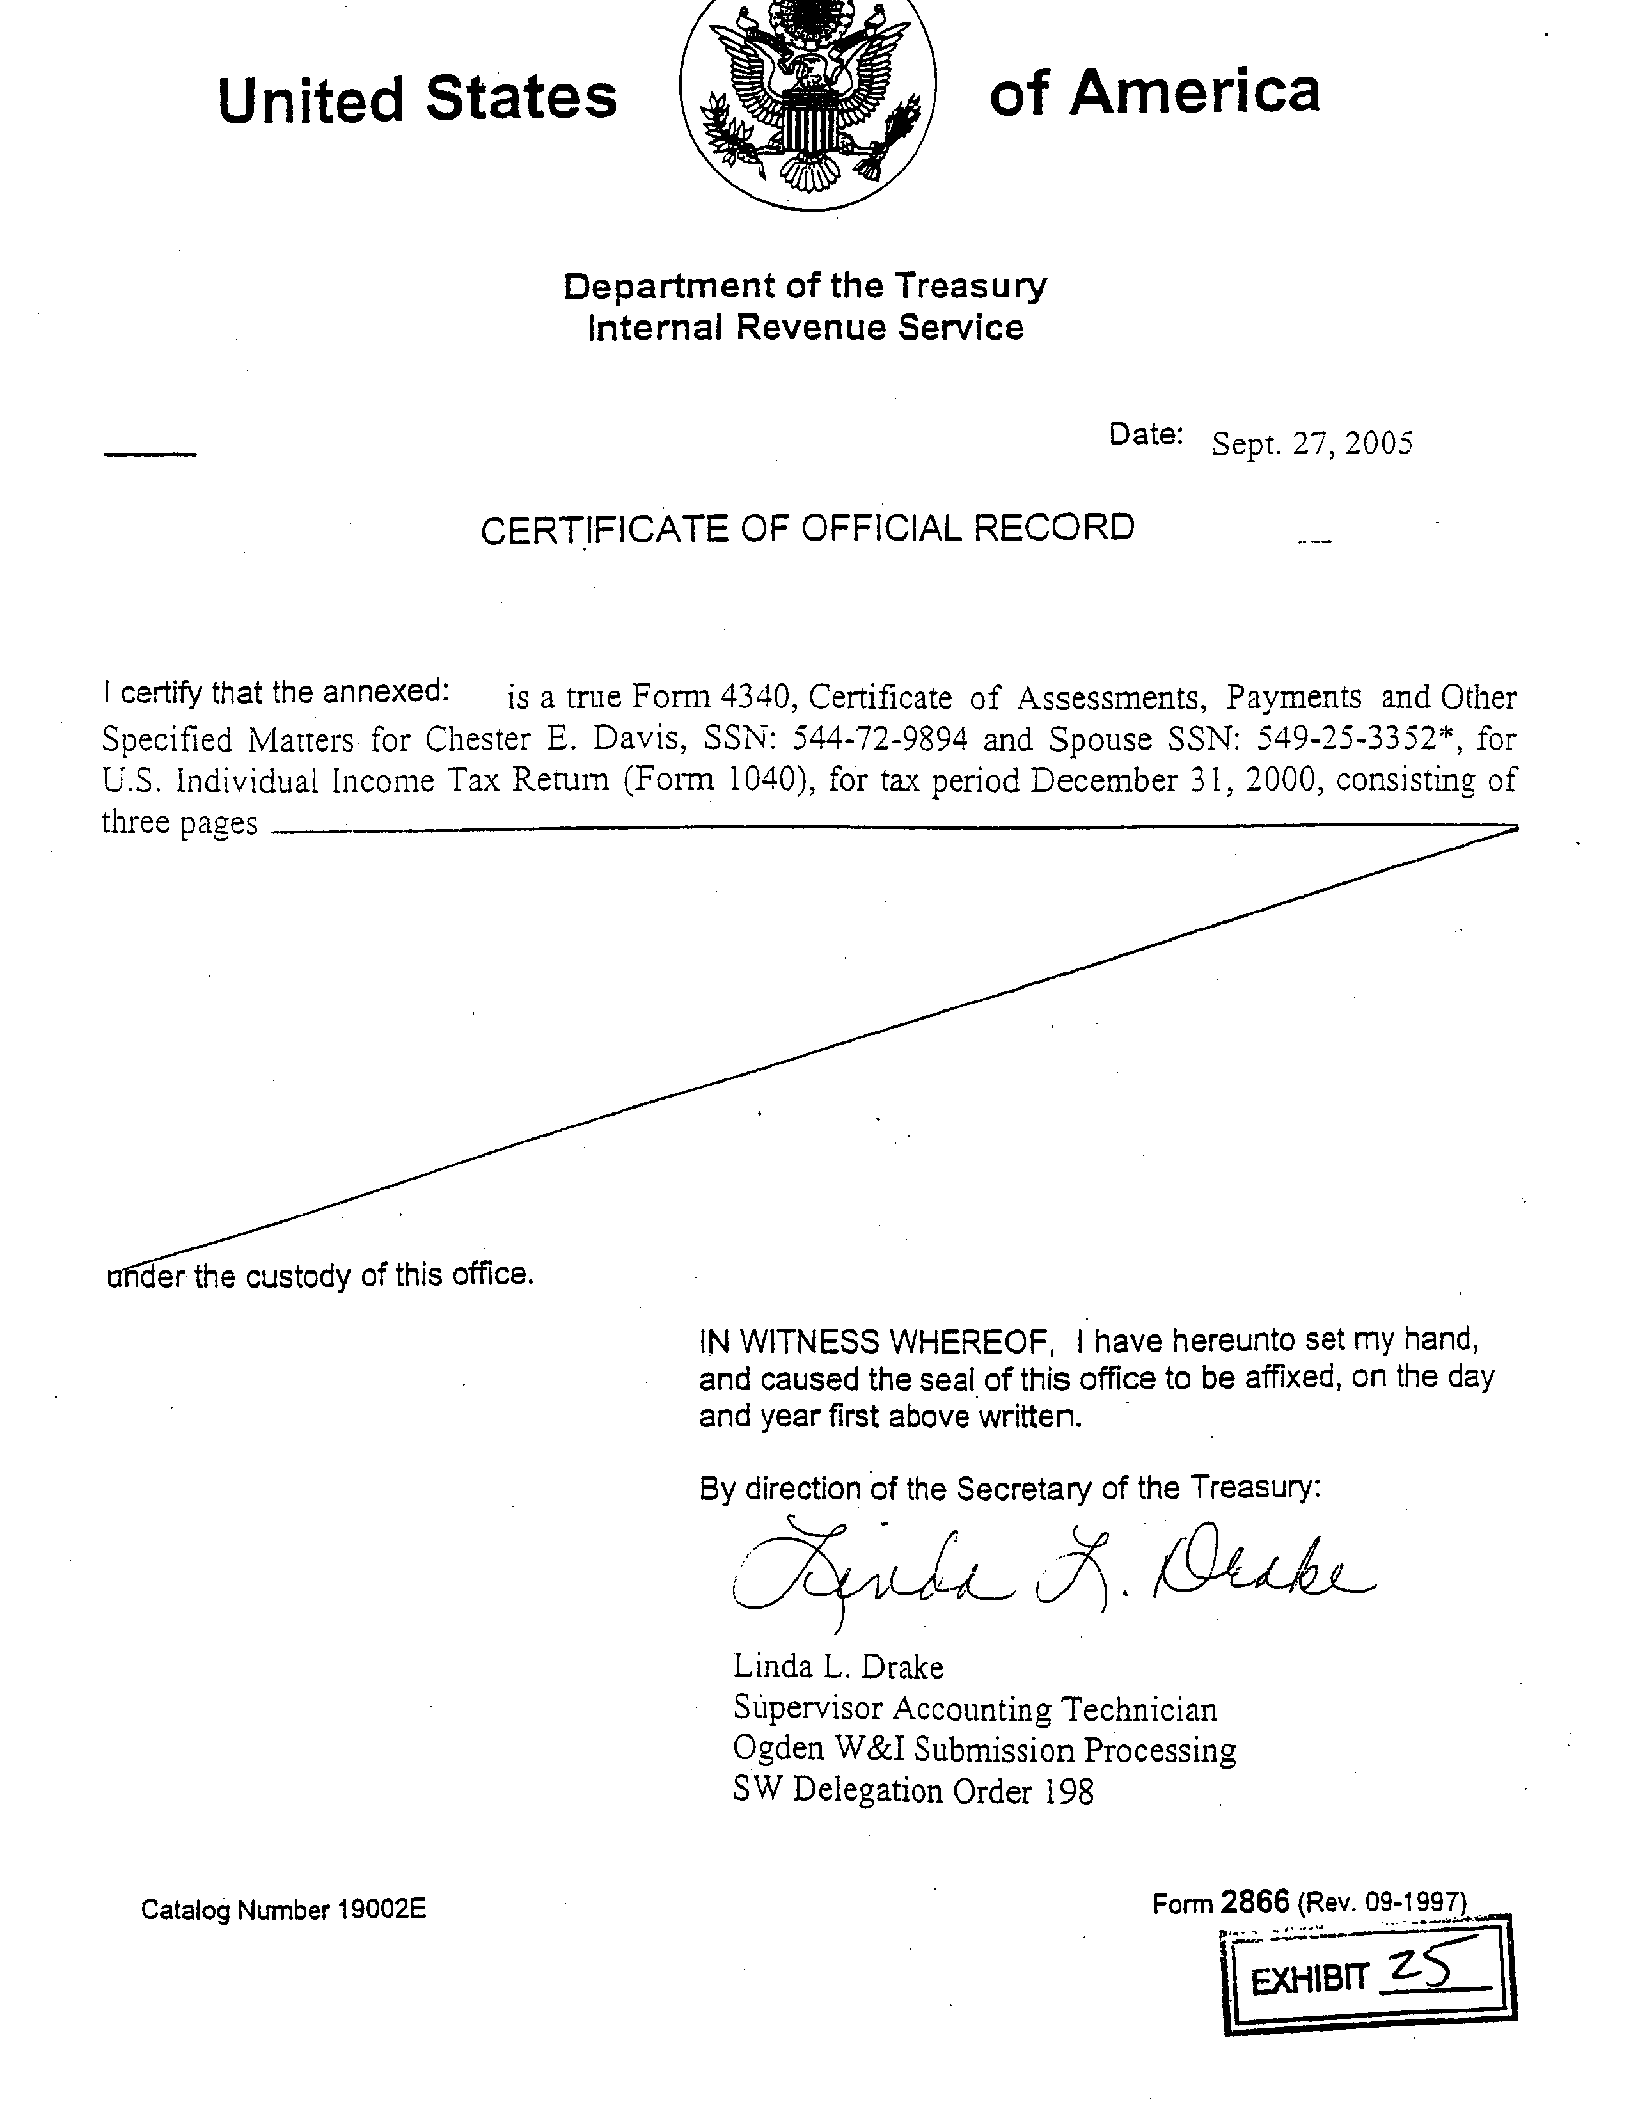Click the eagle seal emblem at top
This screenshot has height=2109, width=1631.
[807, 102]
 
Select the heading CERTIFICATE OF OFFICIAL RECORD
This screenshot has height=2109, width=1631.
[807, 529]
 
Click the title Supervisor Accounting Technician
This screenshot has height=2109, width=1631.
[974, 1709]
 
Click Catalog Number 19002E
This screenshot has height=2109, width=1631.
[283, 1909]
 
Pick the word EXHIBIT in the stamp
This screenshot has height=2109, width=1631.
[1309, 1982]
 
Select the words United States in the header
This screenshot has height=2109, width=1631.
[417, 99]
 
